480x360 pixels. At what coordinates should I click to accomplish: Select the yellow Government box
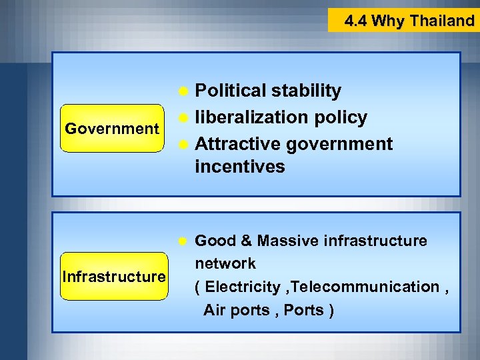112,128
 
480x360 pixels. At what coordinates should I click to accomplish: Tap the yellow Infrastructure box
113,276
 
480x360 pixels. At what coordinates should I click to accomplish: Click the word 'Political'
231,91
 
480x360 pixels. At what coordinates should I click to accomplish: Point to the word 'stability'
307,91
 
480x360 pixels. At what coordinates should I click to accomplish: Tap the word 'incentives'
239,167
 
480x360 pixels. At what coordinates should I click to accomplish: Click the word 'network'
225,263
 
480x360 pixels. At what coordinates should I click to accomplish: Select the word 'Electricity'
243,287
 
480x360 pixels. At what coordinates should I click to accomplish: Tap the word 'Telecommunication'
365,287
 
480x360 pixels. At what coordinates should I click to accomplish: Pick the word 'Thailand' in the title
442,21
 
